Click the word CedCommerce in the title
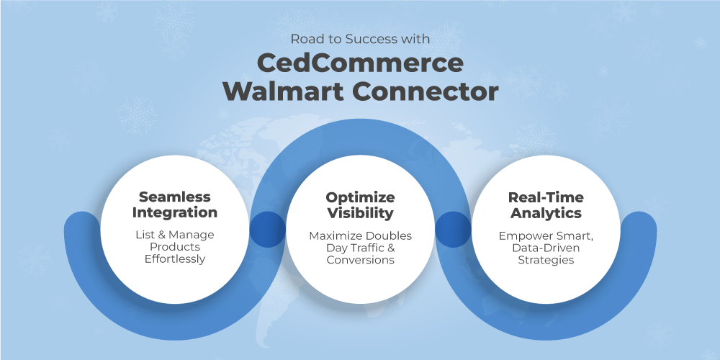(x=360, y=63)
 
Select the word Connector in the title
(x=426, y=91)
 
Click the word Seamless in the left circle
(x=174, y=197)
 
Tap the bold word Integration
(x=174, y=213)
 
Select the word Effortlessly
(x=174, y=259)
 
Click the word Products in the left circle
(x=174, y=247)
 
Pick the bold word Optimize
(x=360, y=197)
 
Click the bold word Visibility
(x=360, y=213)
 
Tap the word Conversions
(x=360, y=260)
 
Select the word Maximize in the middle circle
(x=336, y=236)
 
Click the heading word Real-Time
(x=546, y=197)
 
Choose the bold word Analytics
(x=546, y=213)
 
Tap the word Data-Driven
(x=546, y=248)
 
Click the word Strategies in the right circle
(x=546, y=260)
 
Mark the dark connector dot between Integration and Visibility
(x=267, y=229)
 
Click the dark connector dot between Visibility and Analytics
(x=453, y=229)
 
